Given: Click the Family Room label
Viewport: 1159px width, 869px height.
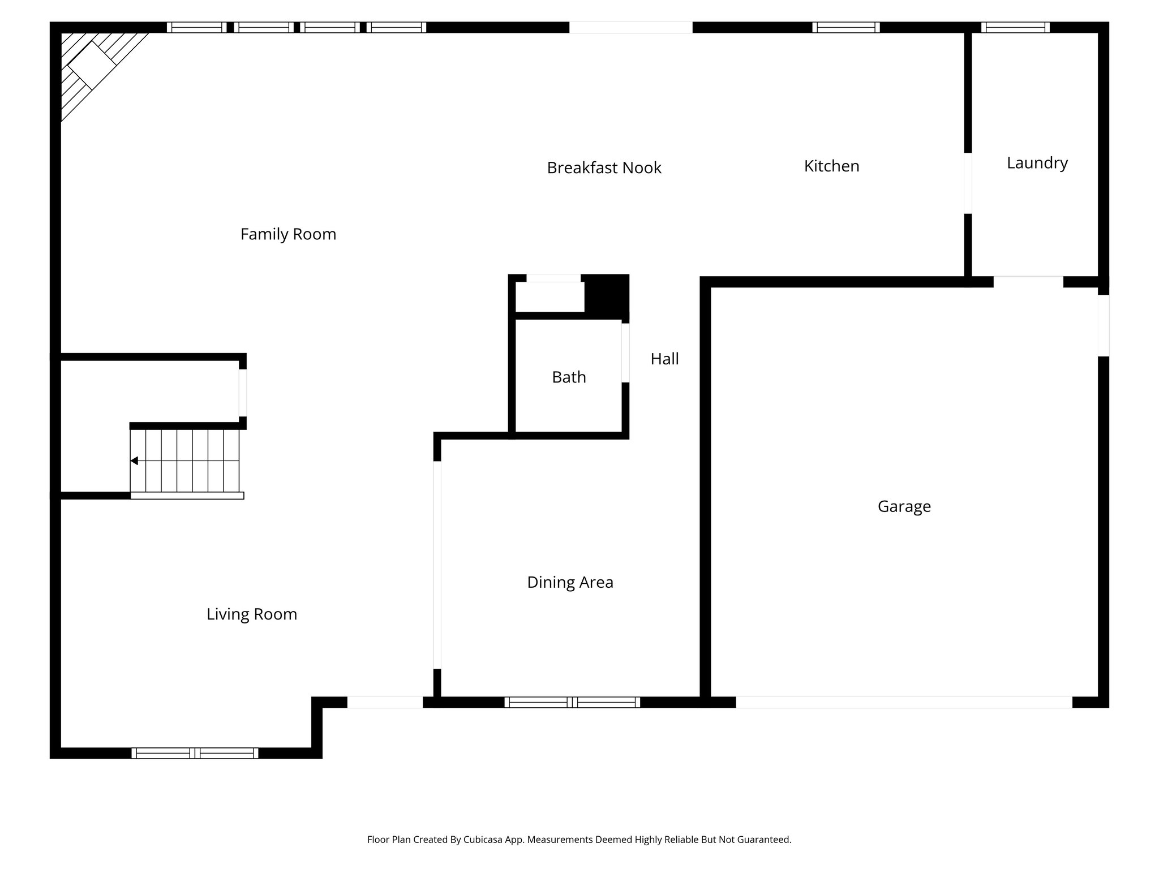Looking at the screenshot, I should (288, 234).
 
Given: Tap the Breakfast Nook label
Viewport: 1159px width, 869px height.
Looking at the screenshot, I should (604, 168).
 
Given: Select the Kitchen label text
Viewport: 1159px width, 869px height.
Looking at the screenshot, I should (831, 166).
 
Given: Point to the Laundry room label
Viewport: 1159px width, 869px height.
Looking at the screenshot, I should (1037, 164).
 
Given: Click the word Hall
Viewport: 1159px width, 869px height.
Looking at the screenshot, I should (664, 359).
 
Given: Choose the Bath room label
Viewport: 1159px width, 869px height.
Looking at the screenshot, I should (569, 377).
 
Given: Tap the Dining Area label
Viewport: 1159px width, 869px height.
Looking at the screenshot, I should (570, 582).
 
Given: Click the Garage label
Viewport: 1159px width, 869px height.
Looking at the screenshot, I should (904, 506).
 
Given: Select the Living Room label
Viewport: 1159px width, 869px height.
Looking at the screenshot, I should (251, 614).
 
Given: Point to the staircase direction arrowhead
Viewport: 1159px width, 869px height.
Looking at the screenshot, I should (134, 461).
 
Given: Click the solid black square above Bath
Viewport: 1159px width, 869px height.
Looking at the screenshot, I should (606, 295).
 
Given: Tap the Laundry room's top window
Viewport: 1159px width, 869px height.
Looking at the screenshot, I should (1015, 27).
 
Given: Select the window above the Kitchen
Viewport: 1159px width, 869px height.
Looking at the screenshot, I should (845, 27).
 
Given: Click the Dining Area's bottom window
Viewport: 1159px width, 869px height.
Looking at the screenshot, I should (572, 702).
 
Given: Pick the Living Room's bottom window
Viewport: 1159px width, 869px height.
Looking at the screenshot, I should (195, 753).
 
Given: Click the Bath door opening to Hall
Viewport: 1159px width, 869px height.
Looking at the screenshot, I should (625, 352).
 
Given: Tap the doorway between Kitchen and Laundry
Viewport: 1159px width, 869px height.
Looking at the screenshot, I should (968, 183).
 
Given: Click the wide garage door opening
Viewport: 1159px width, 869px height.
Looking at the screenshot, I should (904, 702).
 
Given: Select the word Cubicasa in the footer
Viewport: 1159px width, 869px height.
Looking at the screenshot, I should (484, 840).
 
